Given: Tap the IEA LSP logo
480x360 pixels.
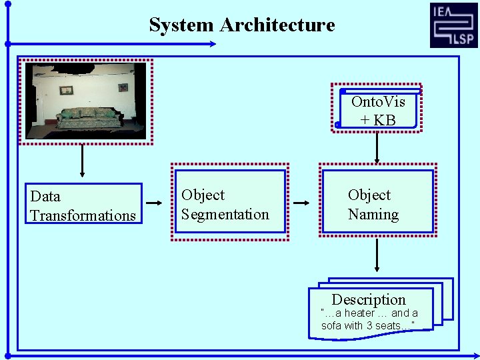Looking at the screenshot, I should (453, 25).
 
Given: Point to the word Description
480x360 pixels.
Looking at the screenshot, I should (369, 299).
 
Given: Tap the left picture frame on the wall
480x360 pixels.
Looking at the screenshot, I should (65, 90).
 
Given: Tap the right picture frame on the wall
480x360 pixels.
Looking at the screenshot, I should (123, 87).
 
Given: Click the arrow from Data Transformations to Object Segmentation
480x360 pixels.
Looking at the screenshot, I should (154, 203).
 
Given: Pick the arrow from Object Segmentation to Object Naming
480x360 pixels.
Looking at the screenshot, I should (302, 203).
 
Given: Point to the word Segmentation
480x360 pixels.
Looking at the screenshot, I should (225, 215).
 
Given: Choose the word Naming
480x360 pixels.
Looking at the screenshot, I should (373, 215).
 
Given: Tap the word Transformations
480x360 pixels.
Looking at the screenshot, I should (83, 215).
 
